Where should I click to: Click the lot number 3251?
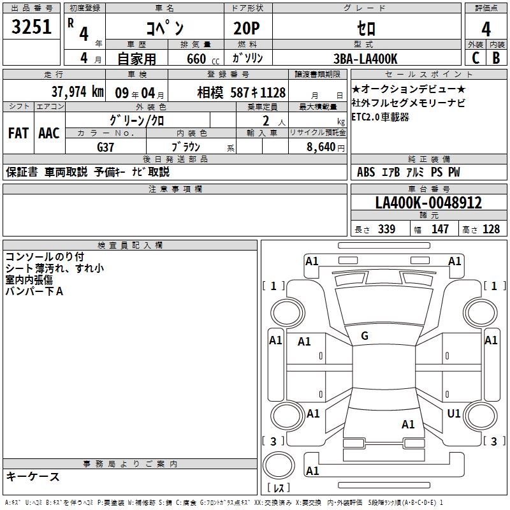coord(31,28)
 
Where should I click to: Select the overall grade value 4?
coord(486,29)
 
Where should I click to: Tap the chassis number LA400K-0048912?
coord(428,203)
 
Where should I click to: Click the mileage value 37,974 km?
coord(77,92)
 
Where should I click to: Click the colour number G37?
coord(106,147)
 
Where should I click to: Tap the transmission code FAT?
coord(18,133)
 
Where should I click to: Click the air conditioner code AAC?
coord(49,133)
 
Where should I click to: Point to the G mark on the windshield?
coord(365,335)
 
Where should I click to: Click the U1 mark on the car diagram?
coord(454,414)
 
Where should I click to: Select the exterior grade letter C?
coord(475,58)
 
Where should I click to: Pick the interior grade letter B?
coord(496,58)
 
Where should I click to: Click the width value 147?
coord(440,229)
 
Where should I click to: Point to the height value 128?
coord(491,229)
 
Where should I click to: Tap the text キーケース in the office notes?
coord(33,476)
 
